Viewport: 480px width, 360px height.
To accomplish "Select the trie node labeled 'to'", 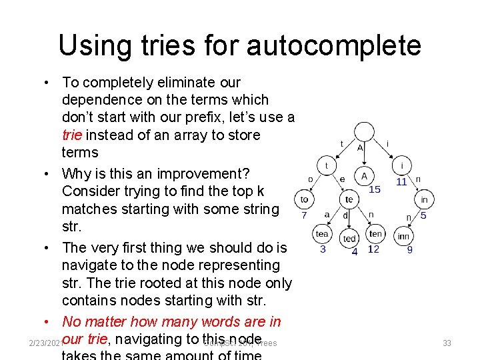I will tap(304, 199).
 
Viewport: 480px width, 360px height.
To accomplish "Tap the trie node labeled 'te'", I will tap(348, 199).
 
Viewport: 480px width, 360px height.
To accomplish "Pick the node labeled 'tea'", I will tap(322, 233).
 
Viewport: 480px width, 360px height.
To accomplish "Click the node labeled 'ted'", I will tap(349, 238).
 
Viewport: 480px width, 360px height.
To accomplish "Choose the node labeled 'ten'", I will tap(375, 233).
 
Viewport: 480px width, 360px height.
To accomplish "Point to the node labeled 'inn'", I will tap(403, 236).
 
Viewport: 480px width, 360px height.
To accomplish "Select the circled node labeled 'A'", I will tap(363, 177).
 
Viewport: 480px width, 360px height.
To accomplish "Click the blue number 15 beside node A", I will tap(375, 190).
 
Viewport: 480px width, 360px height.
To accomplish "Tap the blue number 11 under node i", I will tap(401, 181).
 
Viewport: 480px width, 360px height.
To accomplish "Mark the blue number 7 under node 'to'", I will tap(303, 215).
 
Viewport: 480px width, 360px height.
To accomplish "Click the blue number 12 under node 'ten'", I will tap(373, 249).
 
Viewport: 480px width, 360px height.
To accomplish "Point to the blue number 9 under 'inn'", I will tap(409, 250).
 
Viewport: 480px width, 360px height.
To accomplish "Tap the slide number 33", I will tap(447, 343).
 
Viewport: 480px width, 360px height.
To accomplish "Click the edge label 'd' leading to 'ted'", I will tap(346, 215).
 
